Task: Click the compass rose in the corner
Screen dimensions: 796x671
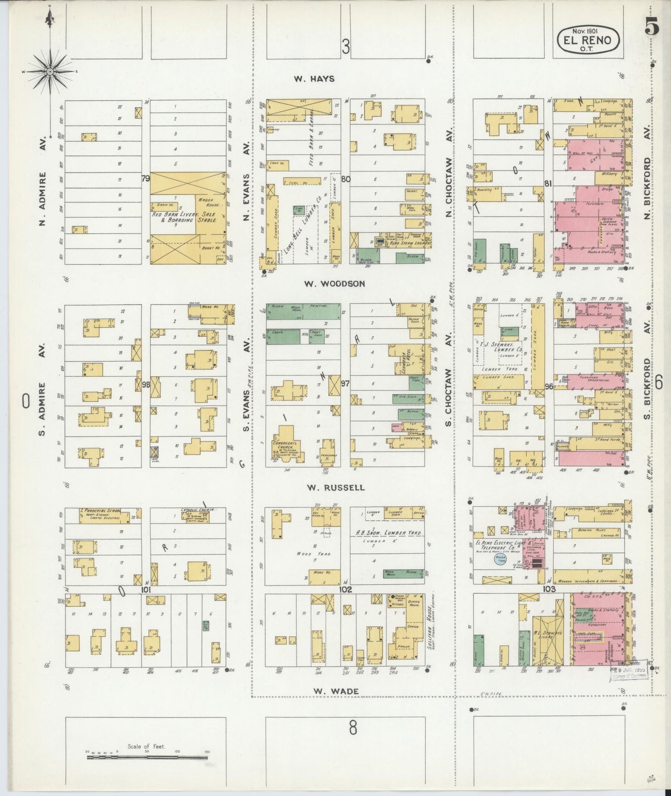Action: pyautogui.click(x=50, y=72)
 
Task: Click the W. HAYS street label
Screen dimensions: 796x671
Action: pyautogui.click(x=314, y=79)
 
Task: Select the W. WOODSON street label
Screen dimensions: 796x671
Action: pyautogui.click(x=335, y=283)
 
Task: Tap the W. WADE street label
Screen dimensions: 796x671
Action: pyautogui.click(x=336, y=691)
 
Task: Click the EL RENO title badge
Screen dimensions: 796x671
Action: pyautogui.click(x=587, y=40)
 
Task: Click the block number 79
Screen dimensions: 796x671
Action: pyautogui.click(x=146, y=178)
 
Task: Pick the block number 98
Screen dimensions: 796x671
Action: pyautogui.click(x=146, y=385)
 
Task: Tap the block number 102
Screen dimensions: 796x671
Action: pyautogui.click(x=345, y=590)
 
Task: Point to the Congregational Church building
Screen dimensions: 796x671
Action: pyautogui.click(x=286, y=445)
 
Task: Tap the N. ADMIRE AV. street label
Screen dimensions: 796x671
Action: pyautogui.click(x=43, y=179)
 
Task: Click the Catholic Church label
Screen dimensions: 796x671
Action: pyautogui.click(x=198, y=509)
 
